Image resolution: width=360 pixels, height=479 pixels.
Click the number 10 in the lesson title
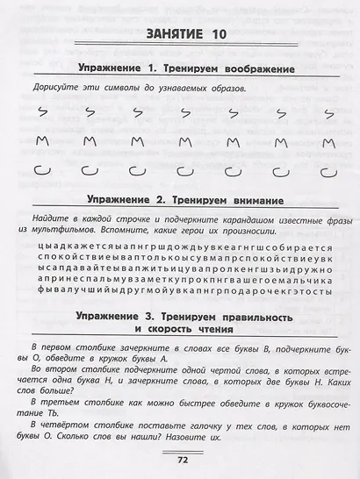coord(218,34)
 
